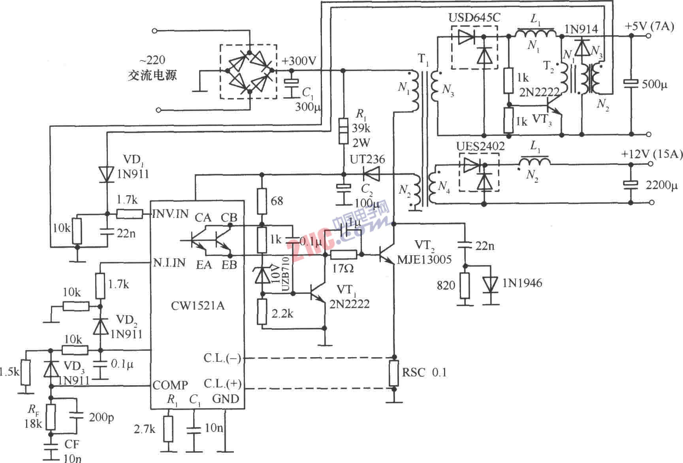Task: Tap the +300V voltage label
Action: tap(299, 61)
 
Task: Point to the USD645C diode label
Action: tap(474, 18)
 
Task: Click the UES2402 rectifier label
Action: tap(480, 147)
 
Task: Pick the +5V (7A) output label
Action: tap(649, 27)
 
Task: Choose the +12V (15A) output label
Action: tap(652, 154)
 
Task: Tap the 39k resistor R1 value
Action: tap(361, 128)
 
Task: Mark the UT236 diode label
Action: tap(367, 160)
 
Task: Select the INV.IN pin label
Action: tap(171, 214)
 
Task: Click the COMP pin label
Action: tap(170, 385)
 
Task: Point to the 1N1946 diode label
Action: tap(522, 283)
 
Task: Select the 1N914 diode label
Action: tap(581, 29)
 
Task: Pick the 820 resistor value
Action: tap(446, 285)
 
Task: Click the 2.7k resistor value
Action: tap(145, 429)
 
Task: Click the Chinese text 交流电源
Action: tap(152, 75)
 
